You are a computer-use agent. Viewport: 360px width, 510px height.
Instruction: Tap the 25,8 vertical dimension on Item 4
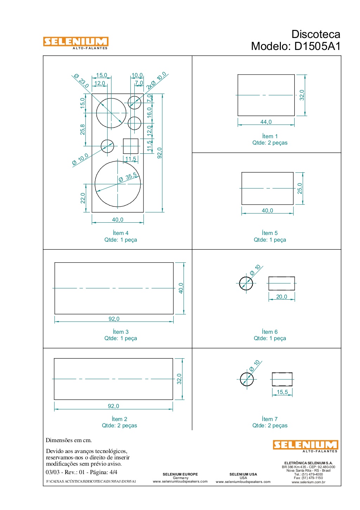coord(82,129)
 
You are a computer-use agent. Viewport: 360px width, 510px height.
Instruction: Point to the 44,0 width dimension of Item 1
coord(266,122)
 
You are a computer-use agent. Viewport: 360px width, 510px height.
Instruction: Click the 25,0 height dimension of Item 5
coord(300,188)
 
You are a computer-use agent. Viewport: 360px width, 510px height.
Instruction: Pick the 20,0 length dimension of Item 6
coord(282,297)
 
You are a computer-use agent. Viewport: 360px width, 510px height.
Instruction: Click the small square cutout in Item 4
coord(131,146)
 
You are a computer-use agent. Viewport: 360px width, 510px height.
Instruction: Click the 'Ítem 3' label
coord(121,331)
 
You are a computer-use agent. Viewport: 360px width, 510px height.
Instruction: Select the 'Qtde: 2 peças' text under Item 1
coord(270,143)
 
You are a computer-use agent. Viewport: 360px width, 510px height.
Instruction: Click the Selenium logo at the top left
coord(76,43)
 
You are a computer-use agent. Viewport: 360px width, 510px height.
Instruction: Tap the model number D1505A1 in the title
coord(317,46)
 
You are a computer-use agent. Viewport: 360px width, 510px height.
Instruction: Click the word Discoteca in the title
coord(316,34)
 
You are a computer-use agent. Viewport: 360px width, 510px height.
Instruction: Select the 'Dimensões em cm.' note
coord(69,440)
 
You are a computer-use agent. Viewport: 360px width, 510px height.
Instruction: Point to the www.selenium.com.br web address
coord(308,482)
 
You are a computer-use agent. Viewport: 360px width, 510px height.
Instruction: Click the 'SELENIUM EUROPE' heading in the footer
coord(180,474)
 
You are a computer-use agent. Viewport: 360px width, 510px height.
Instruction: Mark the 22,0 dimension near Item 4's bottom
coord(83,198)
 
